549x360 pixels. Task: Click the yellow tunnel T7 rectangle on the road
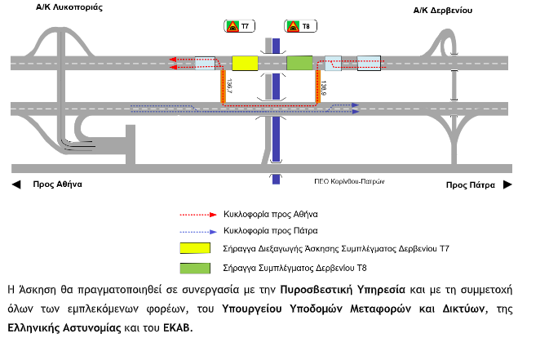click(245, 63)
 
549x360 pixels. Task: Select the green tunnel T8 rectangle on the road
click(299, 63)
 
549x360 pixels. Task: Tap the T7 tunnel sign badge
click(237, 27)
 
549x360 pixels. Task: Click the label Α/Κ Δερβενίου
click(443, 11)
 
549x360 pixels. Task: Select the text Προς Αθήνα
click(58, 185)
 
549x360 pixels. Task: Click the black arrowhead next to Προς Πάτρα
click(507, 185)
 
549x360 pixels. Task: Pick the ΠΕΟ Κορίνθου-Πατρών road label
click(349, 181)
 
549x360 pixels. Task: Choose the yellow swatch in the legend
click(197, 246)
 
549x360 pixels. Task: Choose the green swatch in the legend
click(197, 267)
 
